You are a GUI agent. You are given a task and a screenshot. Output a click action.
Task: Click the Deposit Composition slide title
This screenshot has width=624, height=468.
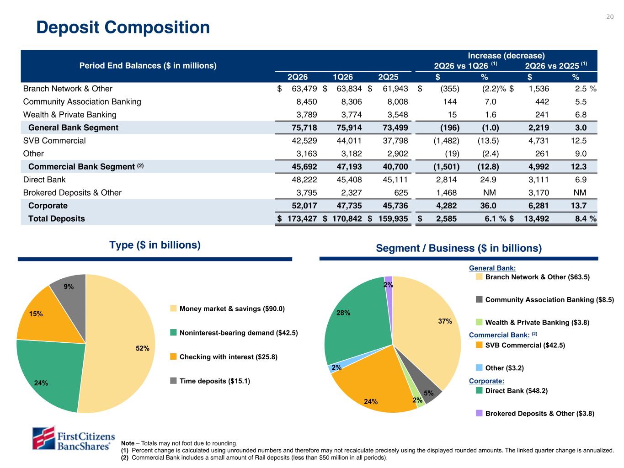point(123,27)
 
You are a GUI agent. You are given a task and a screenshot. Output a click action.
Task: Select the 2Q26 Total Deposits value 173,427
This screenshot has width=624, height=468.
point(302,218)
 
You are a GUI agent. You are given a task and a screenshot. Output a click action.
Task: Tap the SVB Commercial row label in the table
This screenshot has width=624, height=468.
point(54,140)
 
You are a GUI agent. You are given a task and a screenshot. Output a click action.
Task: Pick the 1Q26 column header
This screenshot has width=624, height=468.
point(342,77)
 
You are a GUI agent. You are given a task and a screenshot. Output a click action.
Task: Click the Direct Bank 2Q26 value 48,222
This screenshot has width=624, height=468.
point(304,180)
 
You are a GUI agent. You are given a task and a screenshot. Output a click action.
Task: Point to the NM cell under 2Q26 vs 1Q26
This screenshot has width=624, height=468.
point(489,193)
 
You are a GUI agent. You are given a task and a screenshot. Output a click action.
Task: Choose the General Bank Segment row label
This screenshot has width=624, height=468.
point(73,128)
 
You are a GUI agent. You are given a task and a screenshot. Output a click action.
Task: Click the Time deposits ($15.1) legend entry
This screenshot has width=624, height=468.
point(210,381)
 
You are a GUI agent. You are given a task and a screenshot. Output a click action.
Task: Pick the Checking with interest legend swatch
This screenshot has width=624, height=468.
point(173,356)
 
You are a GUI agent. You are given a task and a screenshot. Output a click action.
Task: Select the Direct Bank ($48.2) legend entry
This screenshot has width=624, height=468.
point(512,390)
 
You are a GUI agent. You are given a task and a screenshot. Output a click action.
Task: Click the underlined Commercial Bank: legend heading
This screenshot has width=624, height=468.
point(500,335)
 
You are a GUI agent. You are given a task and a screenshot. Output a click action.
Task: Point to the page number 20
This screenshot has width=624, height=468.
point(610,17)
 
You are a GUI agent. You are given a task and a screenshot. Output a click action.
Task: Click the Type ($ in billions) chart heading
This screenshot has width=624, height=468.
point(155,245)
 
